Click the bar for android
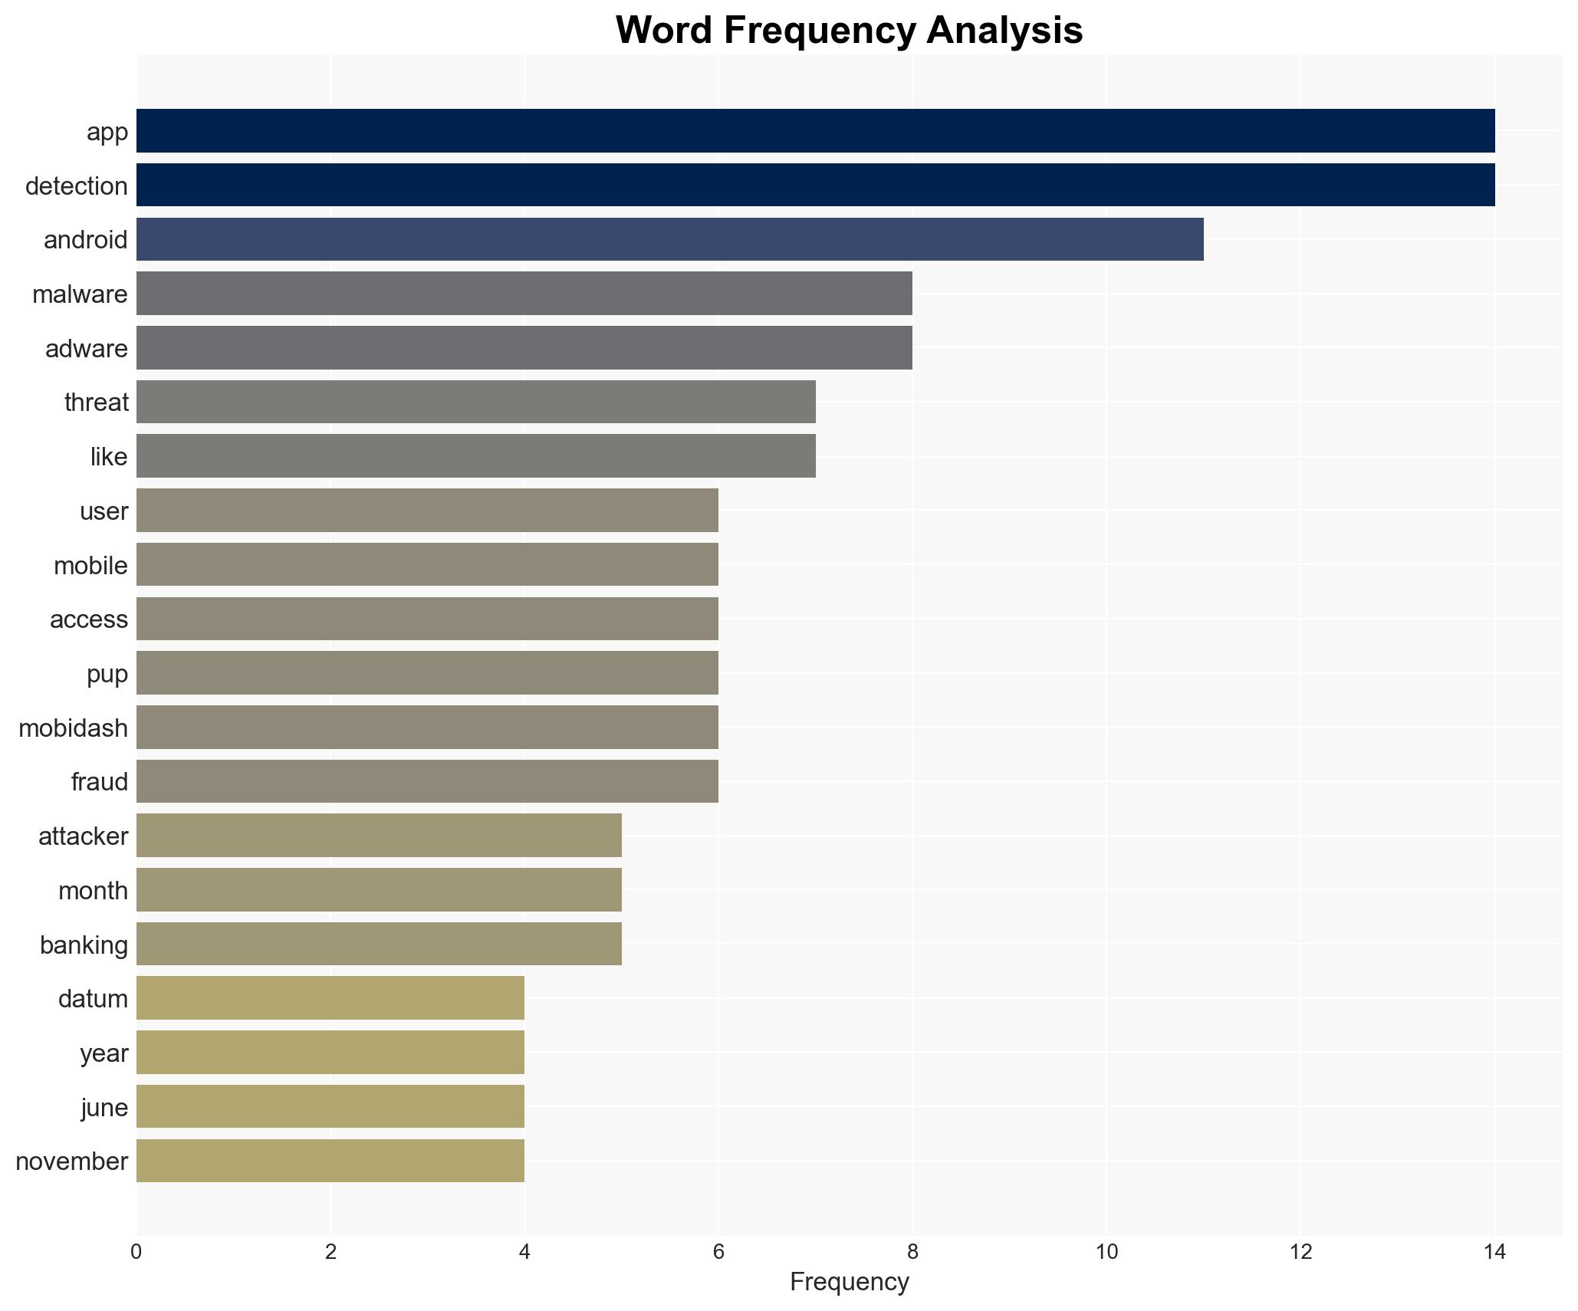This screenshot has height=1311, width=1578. click(x=669, y=239)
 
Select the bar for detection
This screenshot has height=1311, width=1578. click(x=815, y=185)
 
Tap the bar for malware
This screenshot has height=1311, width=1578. click(x=524, y=294)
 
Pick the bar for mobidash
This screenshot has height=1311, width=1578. click(x=427, y=727)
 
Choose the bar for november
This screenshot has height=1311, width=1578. click(x=330, y=1161)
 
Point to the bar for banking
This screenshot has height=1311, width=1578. click(x=379, y=944)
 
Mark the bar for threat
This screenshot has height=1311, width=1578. click(x=475, y=402)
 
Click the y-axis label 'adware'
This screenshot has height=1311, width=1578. click(x=87, y=349)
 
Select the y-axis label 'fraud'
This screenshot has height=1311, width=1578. click(x=100, y=782)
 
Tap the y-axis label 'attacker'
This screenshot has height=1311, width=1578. click(x=84, y=836)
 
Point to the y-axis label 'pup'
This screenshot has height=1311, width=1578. click(x=107, y=674)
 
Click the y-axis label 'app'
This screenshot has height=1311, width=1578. click(x=107, y=132)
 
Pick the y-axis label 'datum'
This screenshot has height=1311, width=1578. click(x=93, y=999)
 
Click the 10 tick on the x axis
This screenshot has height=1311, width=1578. click(x=1106, y=1252)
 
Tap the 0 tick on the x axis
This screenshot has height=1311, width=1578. click(x=136, y=1252)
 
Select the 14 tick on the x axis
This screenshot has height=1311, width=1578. click(x=1494, y=1252)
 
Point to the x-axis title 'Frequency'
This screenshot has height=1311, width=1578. click(x=849, y=1282)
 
